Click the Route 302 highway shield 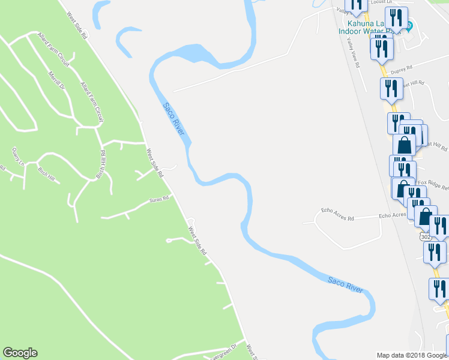click(425, 237)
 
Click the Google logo click(20, 353)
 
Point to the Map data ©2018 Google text click(412, 355)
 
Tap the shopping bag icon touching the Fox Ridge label click(402, 188)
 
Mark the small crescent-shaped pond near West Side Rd click(124, 40)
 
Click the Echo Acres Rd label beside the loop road click(337, 211)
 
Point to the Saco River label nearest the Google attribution click(346, 284)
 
